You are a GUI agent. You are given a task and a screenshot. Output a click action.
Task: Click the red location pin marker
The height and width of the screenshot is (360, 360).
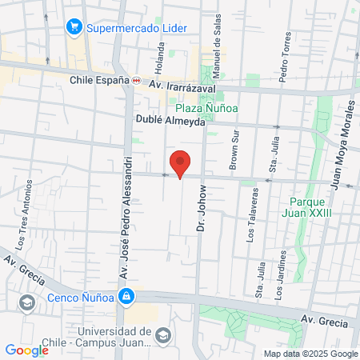click(181, 162)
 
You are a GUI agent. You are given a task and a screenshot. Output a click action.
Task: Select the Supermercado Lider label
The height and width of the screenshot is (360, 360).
click(138, 27)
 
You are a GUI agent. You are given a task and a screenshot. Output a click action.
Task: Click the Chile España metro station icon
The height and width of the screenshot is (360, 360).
click(137, 81)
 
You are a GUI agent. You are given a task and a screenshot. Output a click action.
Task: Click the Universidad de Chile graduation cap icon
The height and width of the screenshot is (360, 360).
click(163, 335)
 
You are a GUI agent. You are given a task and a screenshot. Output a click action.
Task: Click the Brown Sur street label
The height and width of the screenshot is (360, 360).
click(234, 150)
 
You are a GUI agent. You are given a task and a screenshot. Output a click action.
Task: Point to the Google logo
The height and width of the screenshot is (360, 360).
click(26, 350)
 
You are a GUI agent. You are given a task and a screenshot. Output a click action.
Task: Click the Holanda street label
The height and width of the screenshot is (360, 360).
click(160, 55)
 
